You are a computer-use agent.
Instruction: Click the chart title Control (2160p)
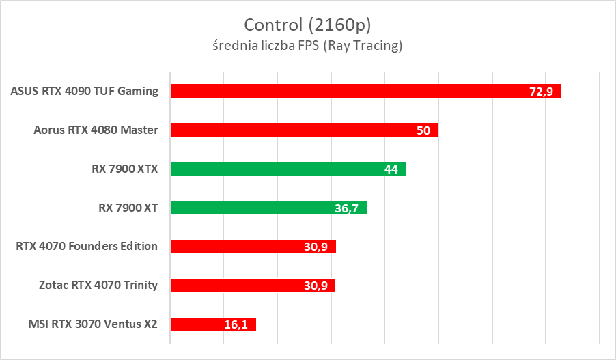pos(307,25)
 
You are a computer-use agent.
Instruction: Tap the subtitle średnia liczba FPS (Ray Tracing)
pos(307,46)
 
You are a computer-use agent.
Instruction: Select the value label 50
pos(423,130)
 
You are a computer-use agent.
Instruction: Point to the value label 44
pos(391,169)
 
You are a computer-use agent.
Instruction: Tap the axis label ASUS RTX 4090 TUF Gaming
pos(85,91)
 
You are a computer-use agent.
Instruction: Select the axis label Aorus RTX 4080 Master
pos(96,130)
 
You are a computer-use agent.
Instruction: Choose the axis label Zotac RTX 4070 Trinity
pos(98,286)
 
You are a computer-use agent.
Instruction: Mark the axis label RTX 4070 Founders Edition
pos(87,247)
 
